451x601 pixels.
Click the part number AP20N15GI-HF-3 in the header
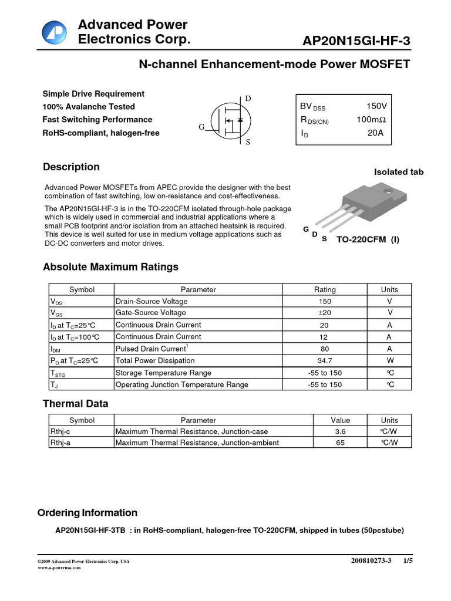[x=356, y=40]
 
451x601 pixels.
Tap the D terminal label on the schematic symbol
[x=248, y=99]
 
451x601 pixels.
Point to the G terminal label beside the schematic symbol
[x=201, y=127]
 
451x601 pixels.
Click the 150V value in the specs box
[x=376, y=106]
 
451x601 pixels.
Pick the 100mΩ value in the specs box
[x=371, y=120]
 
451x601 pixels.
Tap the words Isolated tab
[x=398, y=172]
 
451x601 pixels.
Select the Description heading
[x=71, y=167]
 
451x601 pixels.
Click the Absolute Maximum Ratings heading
[x=110, y=267]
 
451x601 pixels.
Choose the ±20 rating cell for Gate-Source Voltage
[x=324, y=313]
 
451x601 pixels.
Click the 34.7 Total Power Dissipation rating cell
[x=324, y=361]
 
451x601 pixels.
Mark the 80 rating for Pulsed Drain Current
[x=324, y=349]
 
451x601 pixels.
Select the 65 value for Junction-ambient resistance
[x=340, y=443]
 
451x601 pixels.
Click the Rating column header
[x=325, y=289]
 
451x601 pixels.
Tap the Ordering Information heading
[x=87, y=512]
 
